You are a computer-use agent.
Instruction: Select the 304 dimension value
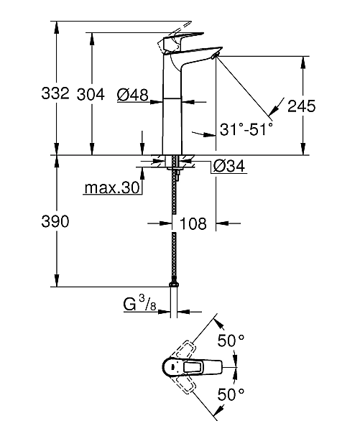(91, 94)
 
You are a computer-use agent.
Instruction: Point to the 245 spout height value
(302, 106)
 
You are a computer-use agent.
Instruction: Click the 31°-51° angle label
(246, 130)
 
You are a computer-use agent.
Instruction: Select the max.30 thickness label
(111, 188)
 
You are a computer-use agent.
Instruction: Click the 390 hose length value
(54, 223)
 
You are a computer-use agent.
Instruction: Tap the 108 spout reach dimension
(192, 224)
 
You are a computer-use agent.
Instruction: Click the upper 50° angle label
(232, 341)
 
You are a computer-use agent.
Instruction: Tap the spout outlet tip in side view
(214, 57)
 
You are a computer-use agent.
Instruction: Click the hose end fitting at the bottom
(175, 286)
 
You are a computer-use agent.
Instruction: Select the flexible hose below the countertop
(175, 230)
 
